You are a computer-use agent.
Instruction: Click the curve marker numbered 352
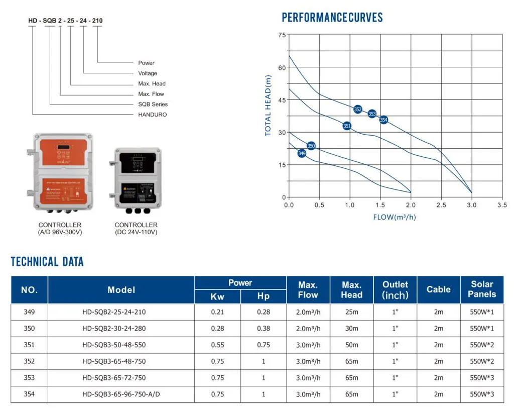358,109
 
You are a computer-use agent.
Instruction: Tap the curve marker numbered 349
302,153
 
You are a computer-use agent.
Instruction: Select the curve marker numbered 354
383,120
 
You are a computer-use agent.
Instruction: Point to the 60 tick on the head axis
282,67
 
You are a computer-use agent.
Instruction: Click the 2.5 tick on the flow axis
441,205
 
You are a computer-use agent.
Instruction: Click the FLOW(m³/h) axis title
395,217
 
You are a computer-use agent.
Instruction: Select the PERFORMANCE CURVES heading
332,18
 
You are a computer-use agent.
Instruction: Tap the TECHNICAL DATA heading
47,262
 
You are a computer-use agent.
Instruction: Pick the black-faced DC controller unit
136,179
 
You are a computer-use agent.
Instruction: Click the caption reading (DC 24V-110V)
136,232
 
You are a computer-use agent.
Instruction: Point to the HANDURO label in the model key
153,115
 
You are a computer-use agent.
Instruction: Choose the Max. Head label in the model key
152,83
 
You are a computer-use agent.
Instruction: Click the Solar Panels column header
482,289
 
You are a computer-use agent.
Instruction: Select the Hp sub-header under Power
264,296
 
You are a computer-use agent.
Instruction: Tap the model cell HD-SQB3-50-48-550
114,345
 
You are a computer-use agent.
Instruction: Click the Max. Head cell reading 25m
351,312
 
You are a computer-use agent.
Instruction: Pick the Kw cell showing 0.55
217,345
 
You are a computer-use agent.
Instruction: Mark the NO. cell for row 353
30,378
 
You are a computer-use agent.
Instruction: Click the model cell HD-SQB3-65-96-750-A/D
121,394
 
